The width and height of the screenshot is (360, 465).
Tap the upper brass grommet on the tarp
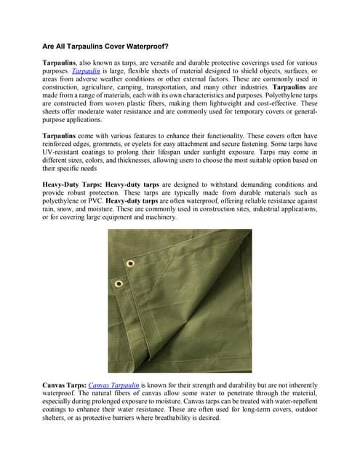tap(130, 264)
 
